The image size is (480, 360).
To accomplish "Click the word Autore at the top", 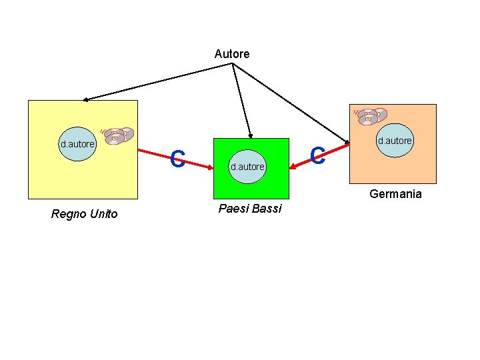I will coord(232,54).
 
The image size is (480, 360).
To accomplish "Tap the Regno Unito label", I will coord(84,214).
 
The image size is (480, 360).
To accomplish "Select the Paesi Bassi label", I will coord(250,209).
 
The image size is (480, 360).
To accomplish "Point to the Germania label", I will coord(395,194).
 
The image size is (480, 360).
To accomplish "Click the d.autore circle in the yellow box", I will coord(77,144).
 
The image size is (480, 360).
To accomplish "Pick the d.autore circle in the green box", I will coord(247,166).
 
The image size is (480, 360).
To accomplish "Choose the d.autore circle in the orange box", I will coord(395,141).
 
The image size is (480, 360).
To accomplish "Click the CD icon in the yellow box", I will coord(118,135).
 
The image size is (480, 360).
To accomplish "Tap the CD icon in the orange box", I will coord(370,117).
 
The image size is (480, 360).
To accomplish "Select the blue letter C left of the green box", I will coord(177,159).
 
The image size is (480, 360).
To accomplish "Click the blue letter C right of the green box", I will coord(318,157).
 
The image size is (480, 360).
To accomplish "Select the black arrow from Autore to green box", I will coord(241,100).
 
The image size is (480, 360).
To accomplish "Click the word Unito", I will coord(103,214).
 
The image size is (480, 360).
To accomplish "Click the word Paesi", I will coord(233,209).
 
